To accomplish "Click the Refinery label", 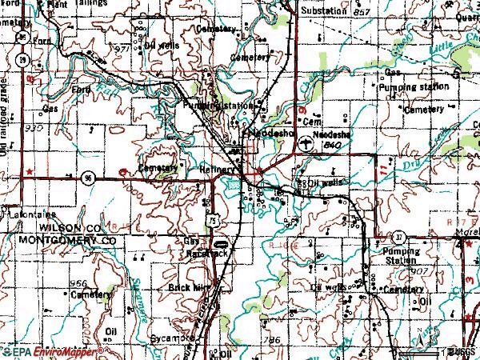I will click(218, 170).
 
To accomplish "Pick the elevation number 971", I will click(122, 50).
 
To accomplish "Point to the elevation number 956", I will click(78, 284).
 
